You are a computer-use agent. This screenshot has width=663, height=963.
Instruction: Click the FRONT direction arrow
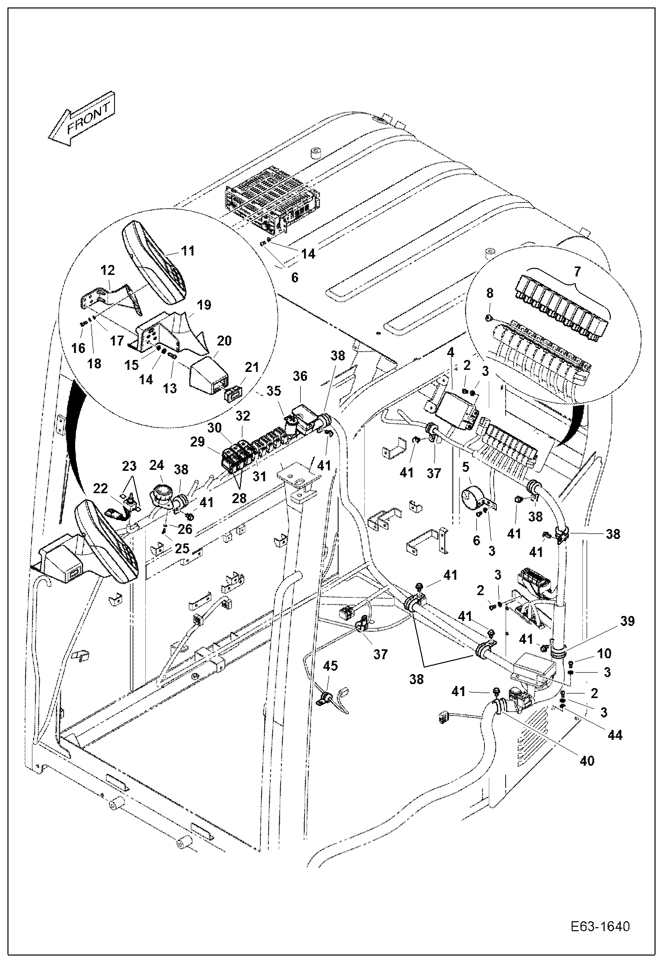point(82,119)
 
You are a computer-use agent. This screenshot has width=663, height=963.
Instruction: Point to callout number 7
point(576,271)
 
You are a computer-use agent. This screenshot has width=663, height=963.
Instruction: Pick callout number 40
point(587,761)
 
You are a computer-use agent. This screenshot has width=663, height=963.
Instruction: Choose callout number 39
point(628,621)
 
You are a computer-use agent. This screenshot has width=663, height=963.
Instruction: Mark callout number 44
point(615,735)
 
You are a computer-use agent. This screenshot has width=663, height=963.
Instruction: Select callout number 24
point(157,466)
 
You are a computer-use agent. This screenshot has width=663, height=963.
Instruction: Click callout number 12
point(108,270)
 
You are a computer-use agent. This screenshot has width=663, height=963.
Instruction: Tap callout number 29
point(197,441)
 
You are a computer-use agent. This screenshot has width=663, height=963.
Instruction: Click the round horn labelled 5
point(473,499)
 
